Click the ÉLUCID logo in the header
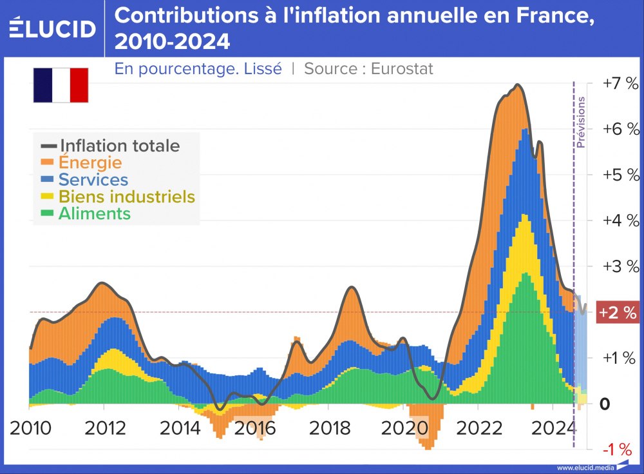click(x=53, y=28)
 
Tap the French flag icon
click(x=61, y=85)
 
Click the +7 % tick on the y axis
click(x=620, y=83)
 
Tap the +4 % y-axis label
click(x=620, y=221)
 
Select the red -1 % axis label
click(x=620, y=449)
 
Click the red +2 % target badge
click(x=618, y=313)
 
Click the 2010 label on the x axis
click(x=30, y=428)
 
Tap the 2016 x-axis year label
click(x=252, y=428)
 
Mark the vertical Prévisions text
click(x=581, y=123)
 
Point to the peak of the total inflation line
click(x=517, y=85)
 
